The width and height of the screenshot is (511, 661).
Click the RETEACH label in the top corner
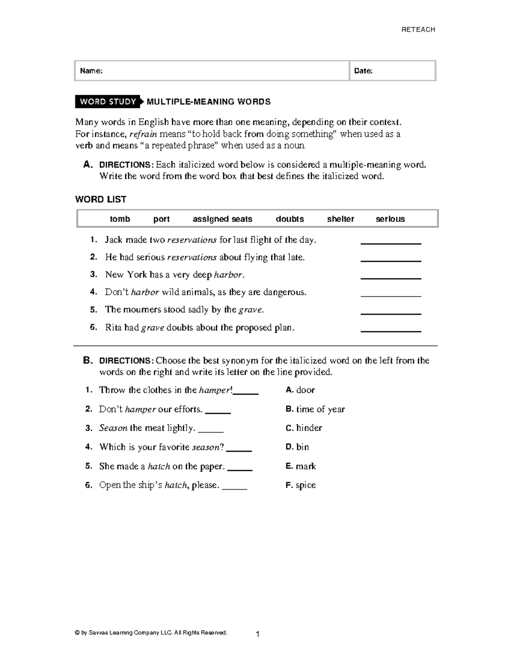tap(418, 29)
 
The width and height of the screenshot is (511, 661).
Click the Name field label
tap(91, 71)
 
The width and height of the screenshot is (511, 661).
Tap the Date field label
tap(363, 71)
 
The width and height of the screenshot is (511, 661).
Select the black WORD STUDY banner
tap(108, 101)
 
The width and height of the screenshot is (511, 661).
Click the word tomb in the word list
tap(120, 219)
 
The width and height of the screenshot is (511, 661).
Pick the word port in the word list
tap(161, 219)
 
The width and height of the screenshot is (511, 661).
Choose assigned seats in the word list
tap(222, 219)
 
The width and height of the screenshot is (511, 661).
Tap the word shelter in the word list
tap(340, 219)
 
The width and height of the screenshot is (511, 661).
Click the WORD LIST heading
tap(100, 199)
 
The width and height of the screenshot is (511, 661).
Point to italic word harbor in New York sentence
tap(229, 275)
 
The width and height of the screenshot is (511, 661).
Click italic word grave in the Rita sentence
tap(152, 328)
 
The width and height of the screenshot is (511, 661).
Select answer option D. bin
tap(297, 447)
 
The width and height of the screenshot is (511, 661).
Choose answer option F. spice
tap(301, 485)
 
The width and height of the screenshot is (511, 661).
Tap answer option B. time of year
tap(315, 409)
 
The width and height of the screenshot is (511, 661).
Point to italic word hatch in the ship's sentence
tap(176, 485)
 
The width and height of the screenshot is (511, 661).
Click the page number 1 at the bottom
tap(258, 635)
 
